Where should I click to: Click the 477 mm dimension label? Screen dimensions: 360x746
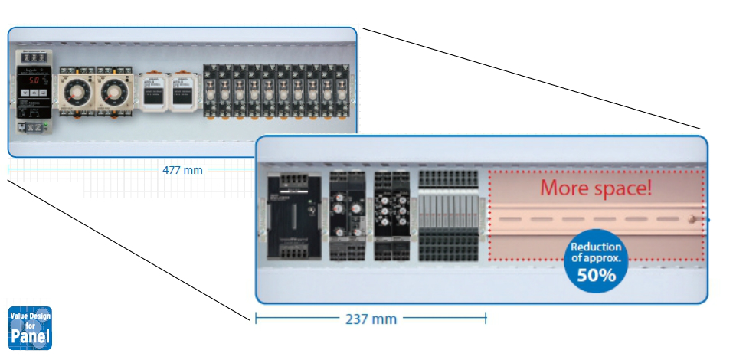(x=182, y=169)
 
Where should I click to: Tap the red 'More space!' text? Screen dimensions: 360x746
(x=596, y=188)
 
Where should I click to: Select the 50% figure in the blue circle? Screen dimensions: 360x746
(x=596, y=275)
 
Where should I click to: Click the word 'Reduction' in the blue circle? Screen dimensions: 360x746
(x=596, y=247)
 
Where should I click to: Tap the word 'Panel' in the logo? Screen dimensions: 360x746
(x=31, y=337)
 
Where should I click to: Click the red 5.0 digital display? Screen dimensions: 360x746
(x=34, y=80)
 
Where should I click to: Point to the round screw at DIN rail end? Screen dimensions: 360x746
(x=692, y=220)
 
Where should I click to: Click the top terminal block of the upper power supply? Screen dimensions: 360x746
(x=34, y=57)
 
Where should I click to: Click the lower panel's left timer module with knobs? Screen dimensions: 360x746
(x=346, y=217)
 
